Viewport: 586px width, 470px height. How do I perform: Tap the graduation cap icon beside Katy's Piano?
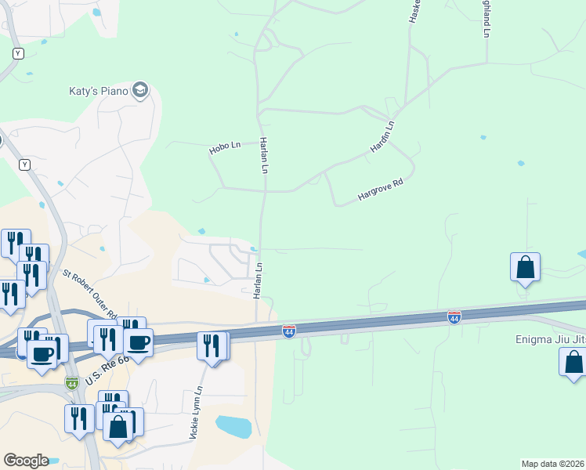(141, 91)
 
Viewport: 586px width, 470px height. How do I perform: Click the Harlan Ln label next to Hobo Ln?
(265, 156)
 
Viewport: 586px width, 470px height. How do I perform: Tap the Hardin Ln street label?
(382, 136)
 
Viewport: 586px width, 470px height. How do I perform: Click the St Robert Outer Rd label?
(90, 291)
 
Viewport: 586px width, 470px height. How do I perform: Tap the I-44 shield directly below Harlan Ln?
(289, 331)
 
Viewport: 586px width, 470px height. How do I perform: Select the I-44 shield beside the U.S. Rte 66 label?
(71, 382)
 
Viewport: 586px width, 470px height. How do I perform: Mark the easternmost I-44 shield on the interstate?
(454, 317)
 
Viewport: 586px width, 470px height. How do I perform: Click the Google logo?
(26, 461)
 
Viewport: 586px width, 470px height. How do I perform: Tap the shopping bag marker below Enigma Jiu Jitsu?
(574, 362)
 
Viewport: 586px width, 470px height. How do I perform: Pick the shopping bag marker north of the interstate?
(525, 267)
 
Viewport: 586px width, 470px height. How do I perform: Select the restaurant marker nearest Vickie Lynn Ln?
(211, 345)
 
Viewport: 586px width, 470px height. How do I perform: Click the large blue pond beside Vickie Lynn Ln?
(233, 427)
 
